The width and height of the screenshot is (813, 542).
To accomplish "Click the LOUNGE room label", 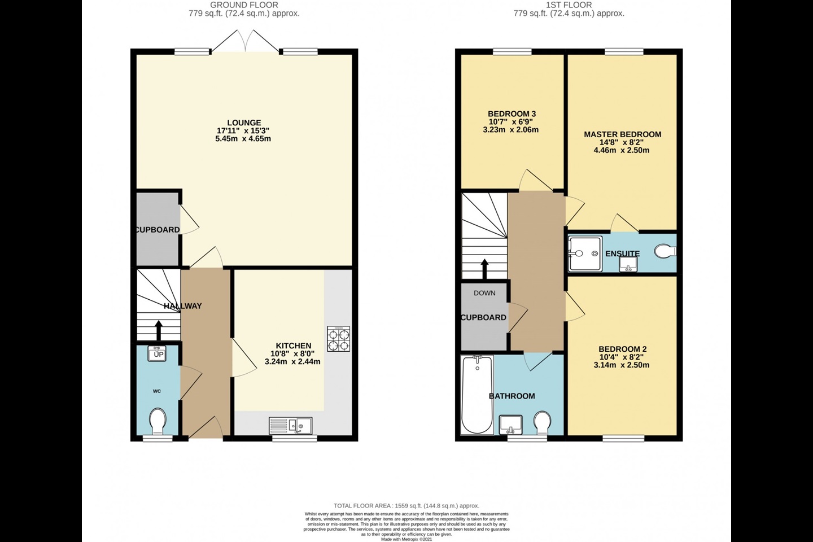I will pyautogui.click(x=244, y=123).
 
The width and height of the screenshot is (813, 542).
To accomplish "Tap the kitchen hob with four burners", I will pyautogui.click(x=338, y=339).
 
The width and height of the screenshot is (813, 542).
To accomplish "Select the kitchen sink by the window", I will pyautogui.click(x=291, y=425).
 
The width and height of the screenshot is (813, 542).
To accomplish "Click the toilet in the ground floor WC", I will pyautogui.click(x=158, y=421).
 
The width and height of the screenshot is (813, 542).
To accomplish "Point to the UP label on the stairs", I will pyautogui.click(x=158, y=354).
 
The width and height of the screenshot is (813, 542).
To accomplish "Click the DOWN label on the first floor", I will pyautogui.click(x=484, y=293).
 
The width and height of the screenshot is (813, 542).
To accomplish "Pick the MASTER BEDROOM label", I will pyautogui.click(x=622, y=134).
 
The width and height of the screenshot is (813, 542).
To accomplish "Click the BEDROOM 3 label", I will pyautogui.click(x=512, y=114).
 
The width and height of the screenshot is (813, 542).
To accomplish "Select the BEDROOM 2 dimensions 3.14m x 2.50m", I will pyautogui.click(x=622, y=365).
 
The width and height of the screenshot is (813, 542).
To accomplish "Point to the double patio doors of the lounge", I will pyautogui.click(x=245, y=42).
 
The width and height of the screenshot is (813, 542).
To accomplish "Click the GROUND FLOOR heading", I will pyautogui.click(x=244, y=5).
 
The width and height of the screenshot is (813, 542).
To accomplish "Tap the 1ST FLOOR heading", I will pyautogui.click(x=569, y=5).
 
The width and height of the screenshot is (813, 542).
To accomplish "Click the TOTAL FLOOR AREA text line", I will pyautogui.click(x=406, y=506).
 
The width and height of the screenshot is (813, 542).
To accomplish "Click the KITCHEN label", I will pyautogui.click(x=293, y=346).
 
